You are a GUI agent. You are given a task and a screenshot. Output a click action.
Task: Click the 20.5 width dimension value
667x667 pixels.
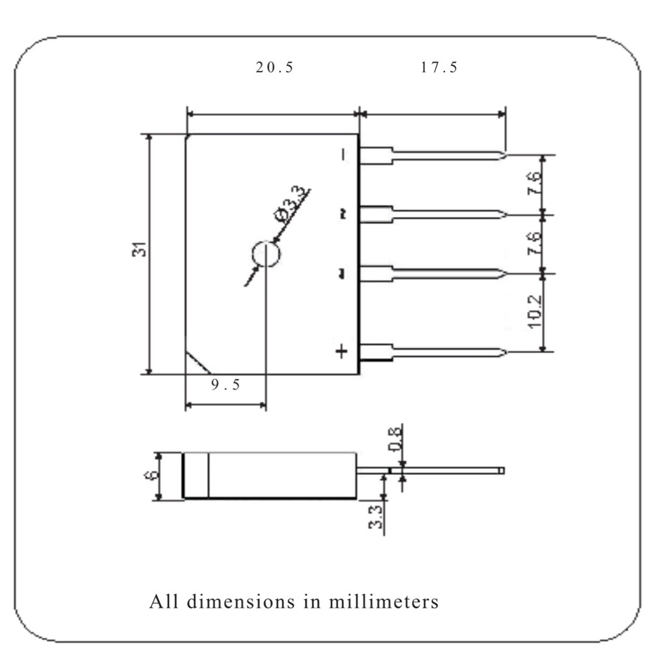point(274,67)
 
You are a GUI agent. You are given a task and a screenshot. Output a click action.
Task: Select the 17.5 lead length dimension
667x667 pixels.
point(439,67)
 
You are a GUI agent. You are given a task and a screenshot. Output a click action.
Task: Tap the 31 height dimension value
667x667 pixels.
point(139,249)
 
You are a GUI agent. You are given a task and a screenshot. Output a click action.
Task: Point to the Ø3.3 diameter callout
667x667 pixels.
point(291,203)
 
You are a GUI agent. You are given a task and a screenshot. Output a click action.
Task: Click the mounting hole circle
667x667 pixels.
point(266,241)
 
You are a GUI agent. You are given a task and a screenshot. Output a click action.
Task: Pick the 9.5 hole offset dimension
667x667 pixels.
point(225,384)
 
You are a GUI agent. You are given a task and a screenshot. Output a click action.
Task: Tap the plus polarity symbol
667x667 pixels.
point(341,351)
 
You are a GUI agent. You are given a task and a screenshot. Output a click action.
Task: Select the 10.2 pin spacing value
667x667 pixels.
point(535,311)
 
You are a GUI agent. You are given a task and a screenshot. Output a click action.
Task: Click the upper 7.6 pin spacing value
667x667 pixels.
point(534,183)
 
